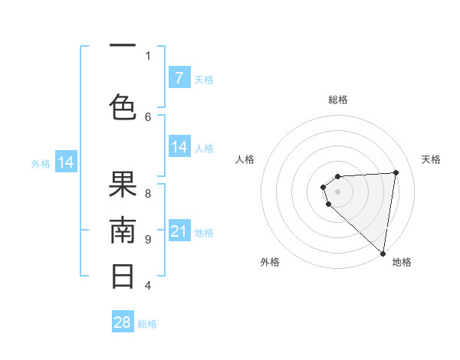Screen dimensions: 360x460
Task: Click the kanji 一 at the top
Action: [x=123, y=47]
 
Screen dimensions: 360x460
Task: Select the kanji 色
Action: [x=123, y=106]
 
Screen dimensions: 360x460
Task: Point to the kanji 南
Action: [x=123, y=231]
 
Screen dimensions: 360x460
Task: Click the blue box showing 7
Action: [x=179, y=77]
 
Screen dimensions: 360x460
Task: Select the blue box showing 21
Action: [x=179, y=231]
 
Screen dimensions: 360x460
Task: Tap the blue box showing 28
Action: [x=123, y=322]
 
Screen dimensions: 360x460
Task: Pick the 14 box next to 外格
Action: [x=66, y=162]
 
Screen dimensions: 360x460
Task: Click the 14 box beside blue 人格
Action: [x=179, y=147]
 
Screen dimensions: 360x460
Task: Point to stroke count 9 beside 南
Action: [x=148, y=240]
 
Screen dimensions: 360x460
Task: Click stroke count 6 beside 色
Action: [x=148, y=116]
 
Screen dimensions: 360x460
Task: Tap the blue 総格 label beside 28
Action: [x=147, y=324]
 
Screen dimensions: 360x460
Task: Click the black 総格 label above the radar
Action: [x=337, y=100]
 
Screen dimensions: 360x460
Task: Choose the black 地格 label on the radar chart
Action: [x=402, y=263]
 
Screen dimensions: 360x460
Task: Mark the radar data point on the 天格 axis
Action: [x=396, y=172]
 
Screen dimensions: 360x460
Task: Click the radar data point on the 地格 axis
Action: [x=383, y=254]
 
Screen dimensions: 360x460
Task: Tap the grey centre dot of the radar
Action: [x=337, y=190]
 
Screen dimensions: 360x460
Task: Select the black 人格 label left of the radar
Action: [x=245, y=159]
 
